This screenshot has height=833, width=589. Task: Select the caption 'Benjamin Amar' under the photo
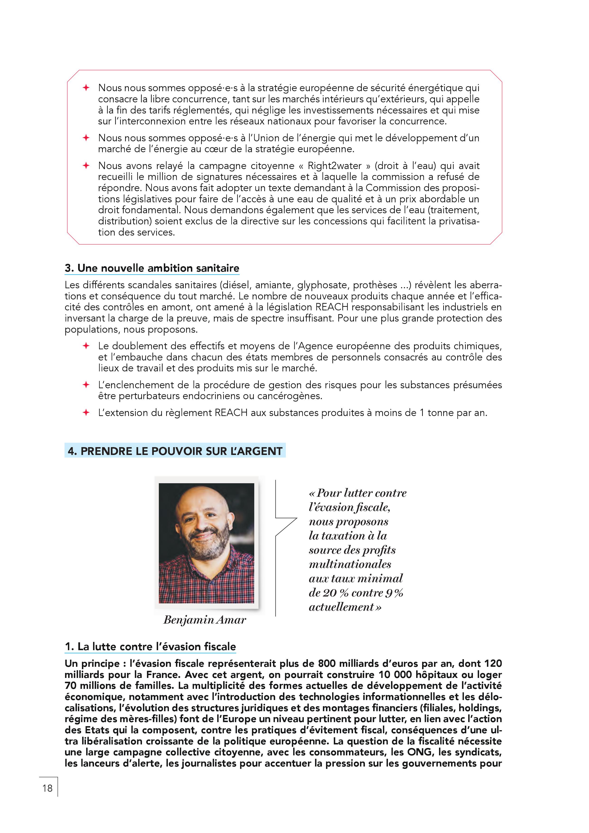[x=205, y=620]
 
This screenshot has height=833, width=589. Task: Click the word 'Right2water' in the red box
[x=335, y=166]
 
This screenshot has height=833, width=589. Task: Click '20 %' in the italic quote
[x=335, y=593]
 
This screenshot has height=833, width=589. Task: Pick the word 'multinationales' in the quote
[x=350, y=564]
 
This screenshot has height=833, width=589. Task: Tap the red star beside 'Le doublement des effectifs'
[x=86, y=346]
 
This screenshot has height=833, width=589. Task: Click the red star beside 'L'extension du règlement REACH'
[x=86, y=412]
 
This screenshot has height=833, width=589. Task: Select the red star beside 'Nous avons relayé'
[x=86, y=166]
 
